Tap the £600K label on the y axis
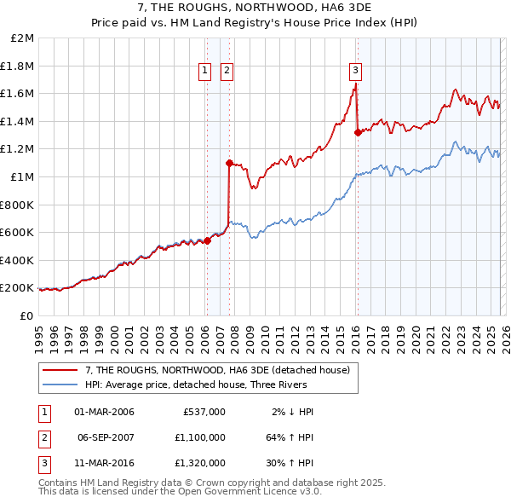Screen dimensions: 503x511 point(17,232)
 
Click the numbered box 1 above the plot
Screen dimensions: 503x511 point(206,72)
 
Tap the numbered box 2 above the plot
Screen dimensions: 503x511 point(227,72)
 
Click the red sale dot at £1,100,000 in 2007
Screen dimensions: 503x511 point(229,163)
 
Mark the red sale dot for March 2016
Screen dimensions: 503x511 point(357,132)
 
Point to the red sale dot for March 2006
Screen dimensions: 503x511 point(207,241)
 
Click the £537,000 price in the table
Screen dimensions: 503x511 point(204,412)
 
